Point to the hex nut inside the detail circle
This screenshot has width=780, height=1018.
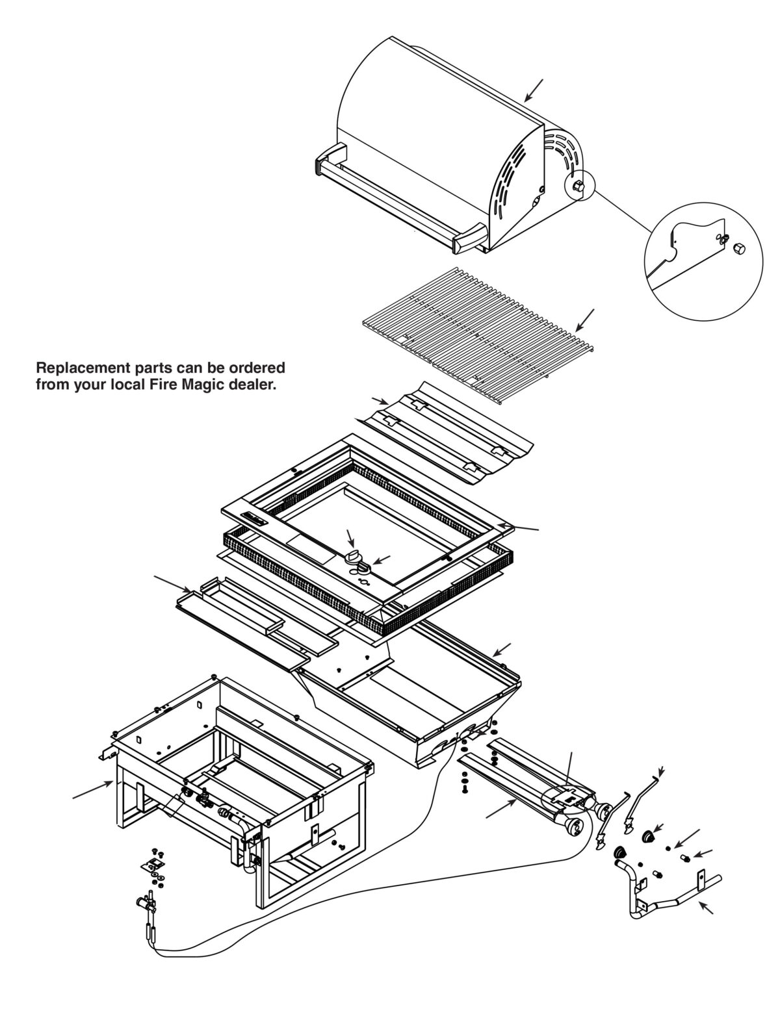point(738,249)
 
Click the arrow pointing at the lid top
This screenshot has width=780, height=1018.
point(534,90)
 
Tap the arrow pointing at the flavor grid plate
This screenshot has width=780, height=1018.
point(380,400)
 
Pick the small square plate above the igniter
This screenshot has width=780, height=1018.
point(153,863)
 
